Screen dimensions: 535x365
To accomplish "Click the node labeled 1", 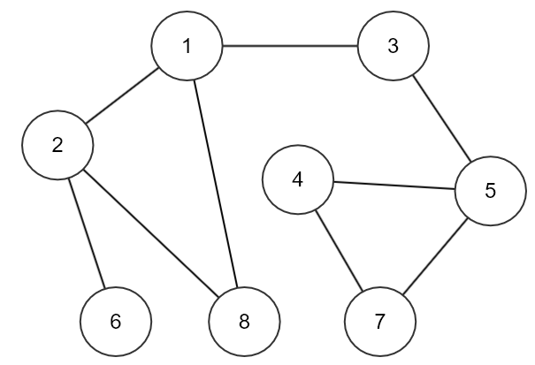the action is tap(187, 46).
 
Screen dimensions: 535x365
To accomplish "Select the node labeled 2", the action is tap(57, 145).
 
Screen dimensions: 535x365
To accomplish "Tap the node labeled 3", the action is tap(393, 46).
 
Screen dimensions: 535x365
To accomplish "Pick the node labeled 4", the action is tap(297, 179).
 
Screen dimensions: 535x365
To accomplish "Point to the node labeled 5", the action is tap(490, 191).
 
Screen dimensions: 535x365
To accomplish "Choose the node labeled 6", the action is tap(116, 322).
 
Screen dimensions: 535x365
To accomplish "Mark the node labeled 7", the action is tap(379, 322).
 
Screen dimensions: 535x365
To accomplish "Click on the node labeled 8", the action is tap(244, 322).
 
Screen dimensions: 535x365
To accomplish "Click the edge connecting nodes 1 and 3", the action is tap(290, 45).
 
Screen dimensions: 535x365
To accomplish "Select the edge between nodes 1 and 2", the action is tap(122, 95).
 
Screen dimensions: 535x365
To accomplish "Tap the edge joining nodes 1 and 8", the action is tap(215, 183).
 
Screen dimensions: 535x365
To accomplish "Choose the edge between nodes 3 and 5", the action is tap(442, 118).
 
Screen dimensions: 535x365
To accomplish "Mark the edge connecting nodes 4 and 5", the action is tap(394, 186).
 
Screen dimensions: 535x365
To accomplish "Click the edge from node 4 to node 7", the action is tap(339, 250).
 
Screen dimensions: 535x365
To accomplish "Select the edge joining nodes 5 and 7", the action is tap(435, 256).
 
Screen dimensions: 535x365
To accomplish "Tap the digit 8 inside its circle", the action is tap(244, 322).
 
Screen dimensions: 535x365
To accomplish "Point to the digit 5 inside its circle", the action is tap(490, 191).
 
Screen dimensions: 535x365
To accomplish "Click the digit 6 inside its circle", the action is tap(116, 322).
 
